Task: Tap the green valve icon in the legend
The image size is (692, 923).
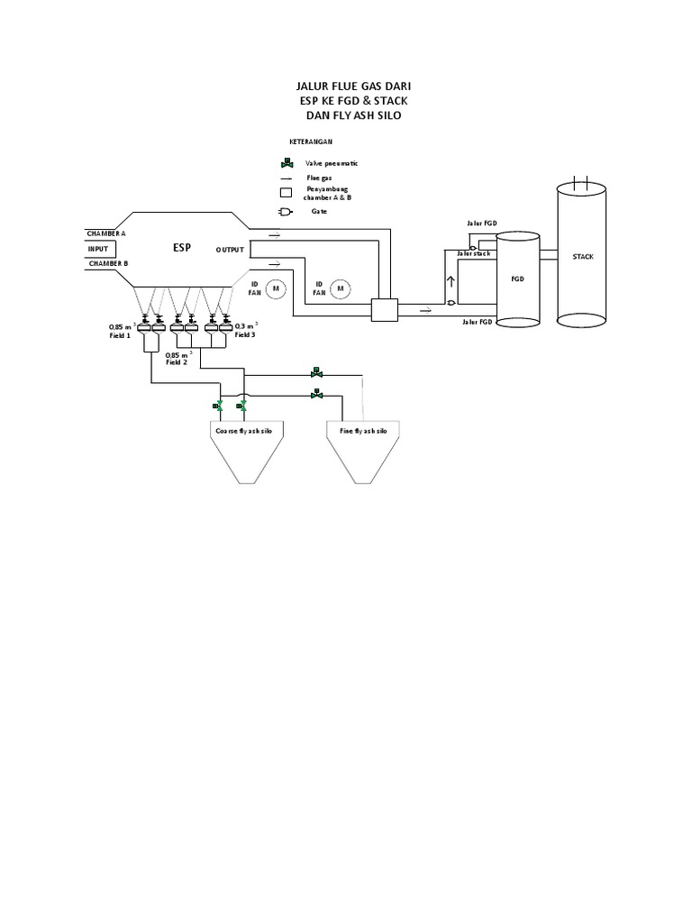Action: pos(286,163)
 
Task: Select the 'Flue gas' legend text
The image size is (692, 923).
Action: pos(319,178)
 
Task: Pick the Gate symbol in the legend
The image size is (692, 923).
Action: pos(286,211)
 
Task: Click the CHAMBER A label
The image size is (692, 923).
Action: pos(107,232)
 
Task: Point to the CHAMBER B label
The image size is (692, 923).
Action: pos(107,263)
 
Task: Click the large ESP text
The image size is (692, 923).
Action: pos(183,247)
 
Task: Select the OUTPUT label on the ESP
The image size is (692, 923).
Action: pos(230,249)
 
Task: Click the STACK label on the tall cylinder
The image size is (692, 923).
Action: pos(584,257)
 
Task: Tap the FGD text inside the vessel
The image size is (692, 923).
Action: pos(517,279)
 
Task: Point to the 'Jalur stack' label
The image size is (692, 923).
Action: pos(474,254)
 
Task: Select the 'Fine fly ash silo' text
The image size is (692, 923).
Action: pos(363,432)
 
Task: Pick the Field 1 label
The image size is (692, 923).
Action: pos(120,335)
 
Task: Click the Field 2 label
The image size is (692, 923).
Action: pos(178,362)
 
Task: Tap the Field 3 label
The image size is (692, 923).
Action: pos(246,334)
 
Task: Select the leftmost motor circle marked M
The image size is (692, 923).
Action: pos(278,288)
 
